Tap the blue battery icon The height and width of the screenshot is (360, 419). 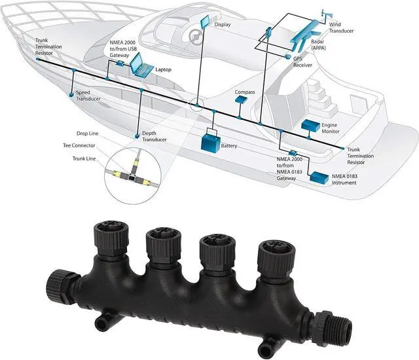pyautogui.click(x=211, y=141)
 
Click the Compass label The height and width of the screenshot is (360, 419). pyautogui.click(x=244, y=92)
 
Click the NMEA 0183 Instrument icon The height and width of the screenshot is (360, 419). pyautogui.click(x=319, y=177)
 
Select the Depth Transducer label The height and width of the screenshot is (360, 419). pyautogui.click(x=154, y=136)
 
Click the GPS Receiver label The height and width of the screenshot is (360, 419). pyautogui.click(x=302, y=62)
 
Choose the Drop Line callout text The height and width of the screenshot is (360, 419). pyautogui.click(x=88, y=133)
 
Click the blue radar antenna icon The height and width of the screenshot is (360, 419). pyautogui.click(x=306, y=29)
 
